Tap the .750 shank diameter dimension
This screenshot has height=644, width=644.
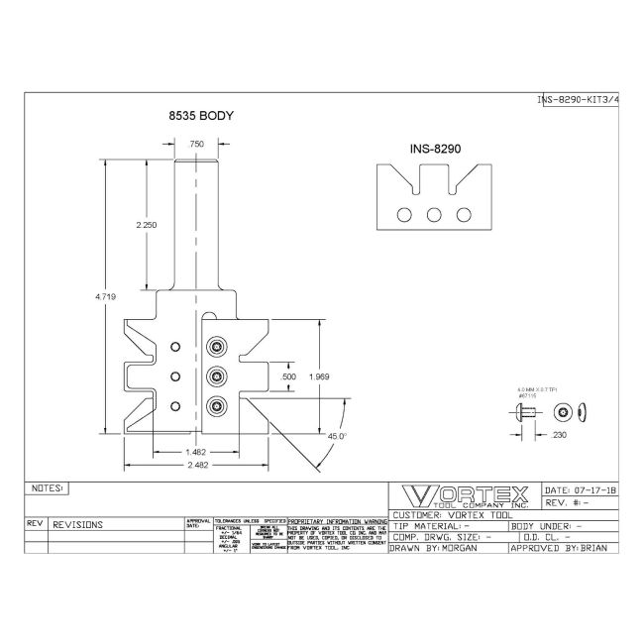(197, 144)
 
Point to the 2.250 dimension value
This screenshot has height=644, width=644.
(147, 225)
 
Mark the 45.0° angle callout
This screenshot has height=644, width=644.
(337, 436)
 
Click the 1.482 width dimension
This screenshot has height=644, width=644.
(194, 453)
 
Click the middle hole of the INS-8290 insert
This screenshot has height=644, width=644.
(434, 214)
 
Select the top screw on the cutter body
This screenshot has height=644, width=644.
(215, 346)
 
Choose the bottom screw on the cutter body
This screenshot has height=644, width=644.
(215, 403)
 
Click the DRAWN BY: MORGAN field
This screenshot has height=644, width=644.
(434, 547)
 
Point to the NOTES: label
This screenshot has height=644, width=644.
(47, 488)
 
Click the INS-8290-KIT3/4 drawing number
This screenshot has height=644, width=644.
(578, 100)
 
